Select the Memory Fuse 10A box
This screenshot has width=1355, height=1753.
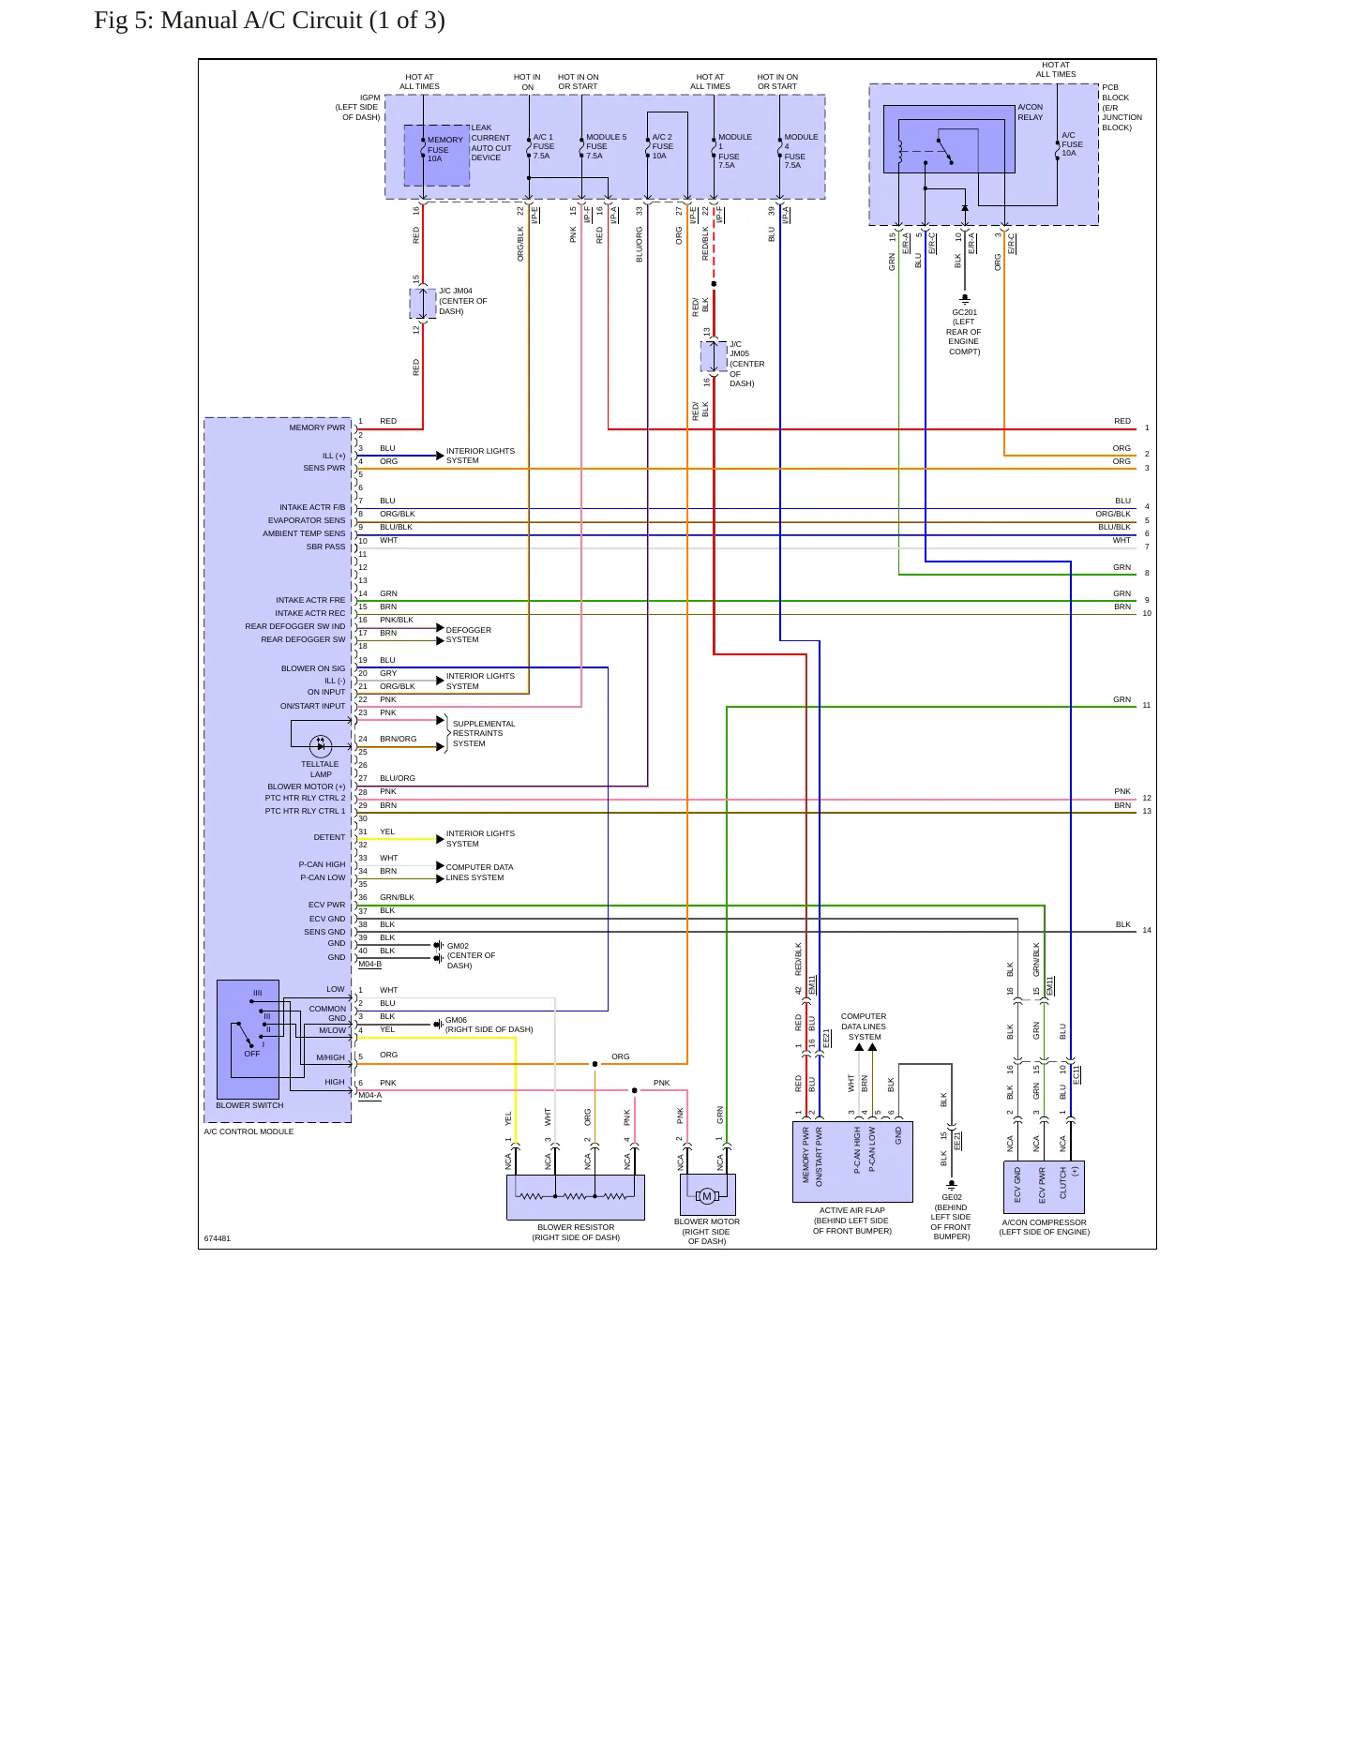point(437,155)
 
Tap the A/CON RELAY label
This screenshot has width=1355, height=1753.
point(1030,112)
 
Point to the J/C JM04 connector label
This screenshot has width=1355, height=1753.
point(463,301)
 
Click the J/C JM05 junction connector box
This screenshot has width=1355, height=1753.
point(714,356)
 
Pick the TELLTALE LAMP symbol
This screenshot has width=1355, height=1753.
point(321,746)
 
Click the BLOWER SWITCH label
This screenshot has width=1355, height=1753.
point(249,1105)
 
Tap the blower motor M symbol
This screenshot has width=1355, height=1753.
point(707,1196)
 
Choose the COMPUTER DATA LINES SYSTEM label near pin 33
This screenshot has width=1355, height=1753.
point(479,873)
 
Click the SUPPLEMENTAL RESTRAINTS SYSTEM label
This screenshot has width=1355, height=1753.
point(484,733)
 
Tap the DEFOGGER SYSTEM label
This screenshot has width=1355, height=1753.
point(468,635)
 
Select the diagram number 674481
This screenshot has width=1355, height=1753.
point(218,1238)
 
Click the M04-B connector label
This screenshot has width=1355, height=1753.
point(369,964)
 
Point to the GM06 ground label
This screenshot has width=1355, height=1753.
point(489,1025)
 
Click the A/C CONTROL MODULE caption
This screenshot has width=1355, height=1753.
point(248,1131)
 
